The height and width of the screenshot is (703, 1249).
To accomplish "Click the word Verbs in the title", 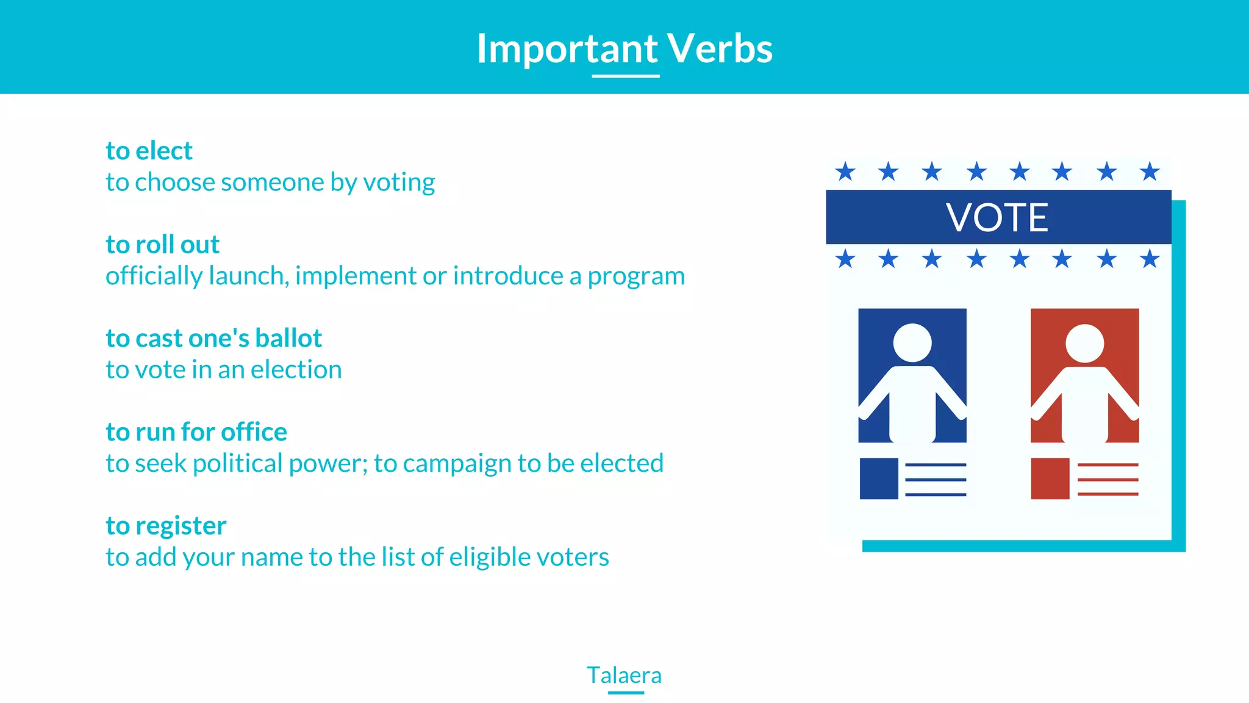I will click(x=720, y=49).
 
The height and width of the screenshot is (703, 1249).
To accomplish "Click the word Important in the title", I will click(x=567, y=49).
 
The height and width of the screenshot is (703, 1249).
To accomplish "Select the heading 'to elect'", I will click(x=149, y=151).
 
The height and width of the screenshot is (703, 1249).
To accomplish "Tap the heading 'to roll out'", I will click(x=162, y=245).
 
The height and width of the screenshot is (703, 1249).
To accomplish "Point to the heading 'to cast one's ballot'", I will click(x=213, y=338).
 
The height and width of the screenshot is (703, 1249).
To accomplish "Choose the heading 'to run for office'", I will click(x=196, y=432).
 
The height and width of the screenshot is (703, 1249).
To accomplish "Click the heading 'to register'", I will click(x=166, y=525).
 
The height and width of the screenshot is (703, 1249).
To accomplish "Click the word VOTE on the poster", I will click(x=997, y=217).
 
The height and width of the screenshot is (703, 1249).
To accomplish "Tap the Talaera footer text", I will click(x=624, y=675).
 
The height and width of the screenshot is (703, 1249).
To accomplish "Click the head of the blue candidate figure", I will click(x=912, y=343).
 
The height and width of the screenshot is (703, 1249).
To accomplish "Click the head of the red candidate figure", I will click(x=1084, y=343).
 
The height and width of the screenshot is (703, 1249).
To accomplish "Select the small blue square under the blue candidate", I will click(x=879, y=478).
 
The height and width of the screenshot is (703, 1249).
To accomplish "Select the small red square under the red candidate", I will click(x=1050, y=478).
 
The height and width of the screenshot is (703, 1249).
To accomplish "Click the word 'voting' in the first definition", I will click(x=399, y=182).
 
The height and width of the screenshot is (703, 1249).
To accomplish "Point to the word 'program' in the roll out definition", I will click(x=636, y=276).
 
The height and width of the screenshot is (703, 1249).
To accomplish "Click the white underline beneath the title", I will click(x=626, y=76).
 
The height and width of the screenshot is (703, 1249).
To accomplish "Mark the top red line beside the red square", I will click(x=1108, y=465).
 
